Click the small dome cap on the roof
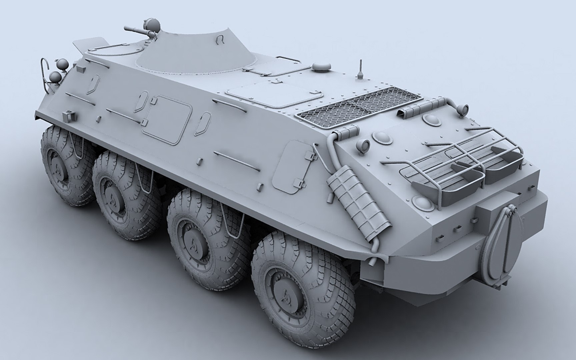[321, 67]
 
